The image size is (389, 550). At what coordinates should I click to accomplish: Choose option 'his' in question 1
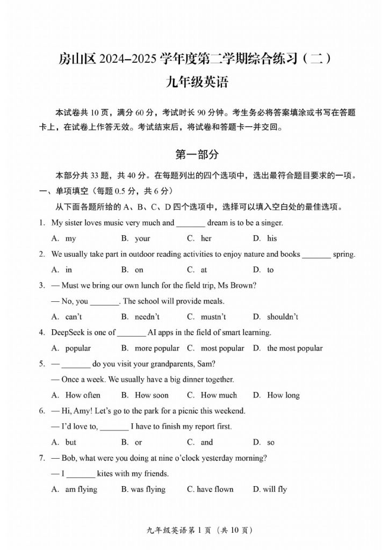click(x=272, y=238)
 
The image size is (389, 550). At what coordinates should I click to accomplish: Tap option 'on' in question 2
click(x=139, y=270)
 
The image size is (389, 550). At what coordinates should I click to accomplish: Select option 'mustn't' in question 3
click(x=213, y=317)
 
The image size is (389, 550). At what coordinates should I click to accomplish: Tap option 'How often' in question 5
click(x=83, y=395)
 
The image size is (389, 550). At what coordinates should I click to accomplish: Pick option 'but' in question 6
click(x=71, y=443)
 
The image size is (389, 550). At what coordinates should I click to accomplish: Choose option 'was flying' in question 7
click(x=148, y=489)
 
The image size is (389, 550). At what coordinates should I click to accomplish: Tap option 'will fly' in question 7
click(x=275, y=489)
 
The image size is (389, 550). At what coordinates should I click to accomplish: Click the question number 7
click(x=41, y=458)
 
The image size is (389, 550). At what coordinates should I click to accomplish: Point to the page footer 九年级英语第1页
click(x=180, y=531)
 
